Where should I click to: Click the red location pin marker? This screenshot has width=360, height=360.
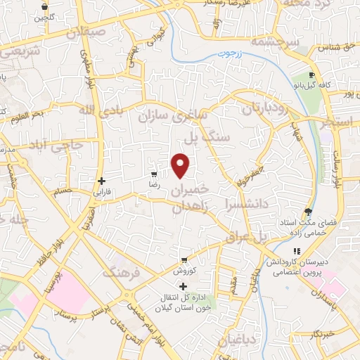181,165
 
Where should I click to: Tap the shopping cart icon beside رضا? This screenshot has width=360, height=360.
154,174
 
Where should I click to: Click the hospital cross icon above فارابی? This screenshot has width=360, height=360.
102,180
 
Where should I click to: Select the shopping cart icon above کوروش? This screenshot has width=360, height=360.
184,259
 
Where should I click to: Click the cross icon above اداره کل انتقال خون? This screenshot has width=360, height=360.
184,286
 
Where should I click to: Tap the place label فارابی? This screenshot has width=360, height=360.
102,191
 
